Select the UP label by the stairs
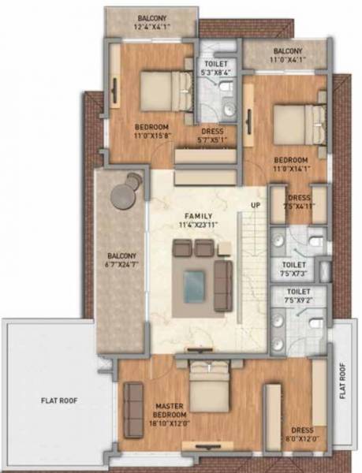(x=255, y=206)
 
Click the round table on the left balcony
(x=125, y=194)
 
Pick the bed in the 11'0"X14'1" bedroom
(x=297, y=123)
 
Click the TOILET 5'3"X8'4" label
(x=216, y=66)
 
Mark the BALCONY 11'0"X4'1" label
(x=287, y=54)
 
